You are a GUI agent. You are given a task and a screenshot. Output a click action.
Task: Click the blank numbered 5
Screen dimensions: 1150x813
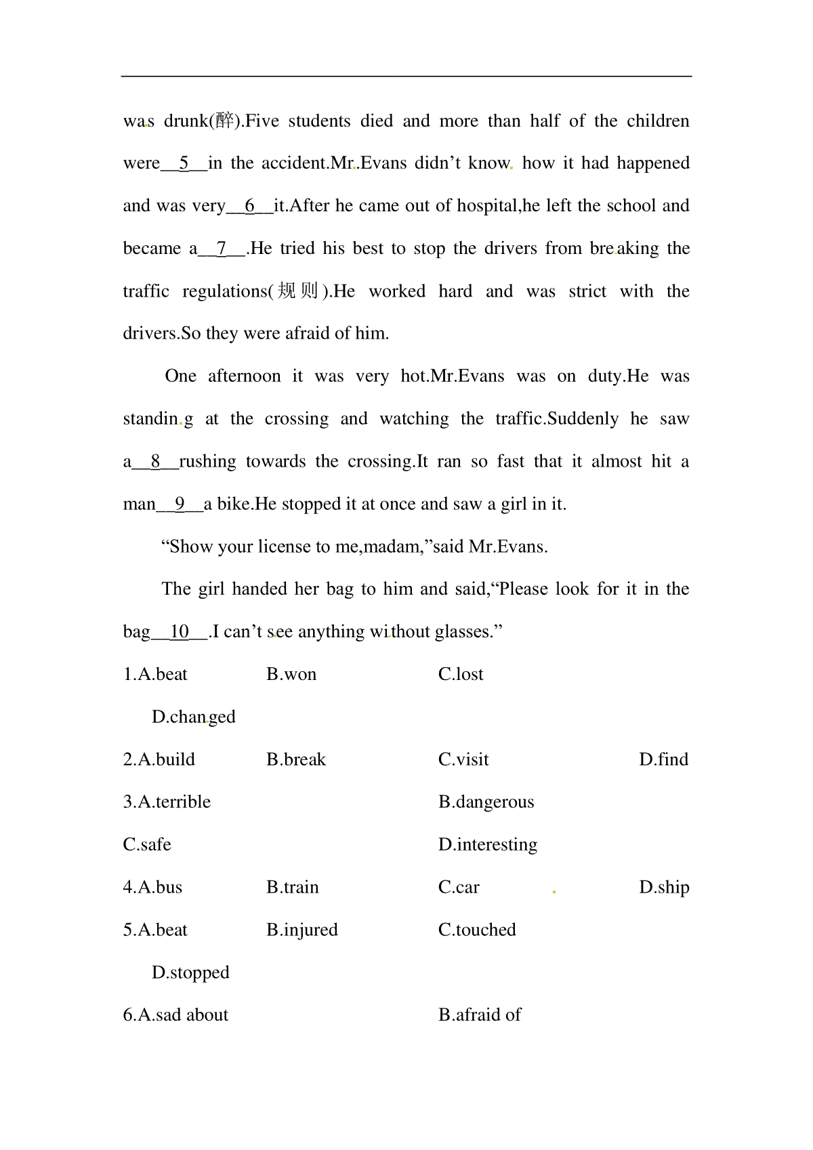point(184,163)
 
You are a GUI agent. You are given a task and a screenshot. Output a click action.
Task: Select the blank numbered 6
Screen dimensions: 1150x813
point(249,206)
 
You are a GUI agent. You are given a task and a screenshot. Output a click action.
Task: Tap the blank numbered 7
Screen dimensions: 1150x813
point(221,249)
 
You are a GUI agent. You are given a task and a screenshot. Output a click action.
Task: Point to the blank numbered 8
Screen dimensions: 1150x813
point(155,462)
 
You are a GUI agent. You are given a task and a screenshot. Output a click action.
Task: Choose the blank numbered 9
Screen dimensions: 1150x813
point(180,505)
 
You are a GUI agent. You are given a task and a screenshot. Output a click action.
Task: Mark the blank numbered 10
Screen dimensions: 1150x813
point(180,632)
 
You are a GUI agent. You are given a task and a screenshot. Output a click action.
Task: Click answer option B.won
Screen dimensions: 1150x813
point(291,675)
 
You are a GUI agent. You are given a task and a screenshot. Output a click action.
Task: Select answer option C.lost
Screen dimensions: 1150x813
point(461,675)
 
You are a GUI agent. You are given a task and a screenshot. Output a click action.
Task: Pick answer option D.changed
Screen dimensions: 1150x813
point(194,717)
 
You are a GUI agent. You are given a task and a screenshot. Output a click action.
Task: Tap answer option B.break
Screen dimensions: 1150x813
point(296,760)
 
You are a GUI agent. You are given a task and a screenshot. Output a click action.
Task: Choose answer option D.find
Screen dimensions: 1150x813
point(663,760)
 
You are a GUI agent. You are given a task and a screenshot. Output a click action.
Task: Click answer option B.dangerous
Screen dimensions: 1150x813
point(486,803)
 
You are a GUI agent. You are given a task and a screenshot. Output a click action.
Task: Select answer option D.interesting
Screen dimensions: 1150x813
point(488,845)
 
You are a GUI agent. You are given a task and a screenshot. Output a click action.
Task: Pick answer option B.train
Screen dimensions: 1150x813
point(293,888)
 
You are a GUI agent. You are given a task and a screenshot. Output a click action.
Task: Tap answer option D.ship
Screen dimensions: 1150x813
point(664,888)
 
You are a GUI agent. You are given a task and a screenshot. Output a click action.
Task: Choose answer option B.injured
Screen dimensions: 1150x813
point(302,931)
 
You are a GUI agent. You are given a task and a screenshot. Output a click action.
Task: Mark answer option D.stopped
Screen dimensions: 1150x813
point(190,973)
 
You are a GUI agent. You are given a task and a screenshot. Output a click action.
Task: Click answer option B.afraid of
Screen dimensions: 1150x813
point(480,1015)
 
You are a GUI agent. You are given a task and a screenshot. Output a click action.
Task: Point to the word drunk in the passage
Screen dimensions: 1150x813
point(186,121)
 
